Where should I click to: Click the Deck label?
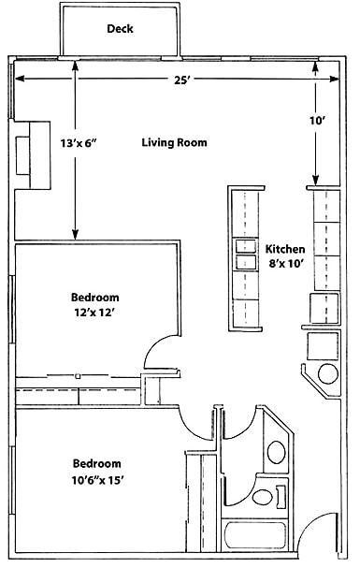pos(119,29)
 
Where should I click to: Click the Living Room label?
pos(174,143)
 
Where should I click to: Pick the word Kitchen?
pos(286,249)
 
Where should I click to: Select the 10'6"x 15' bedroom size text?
pos(97,480)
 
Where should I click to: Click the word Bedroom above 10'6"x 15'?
pos(97,463)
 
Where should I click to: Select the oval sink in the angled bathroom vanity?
pos(276,454)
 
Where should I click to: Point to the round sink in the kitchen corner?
pos(328,374)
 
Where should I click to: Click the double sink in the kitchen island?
pos(244,255)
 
